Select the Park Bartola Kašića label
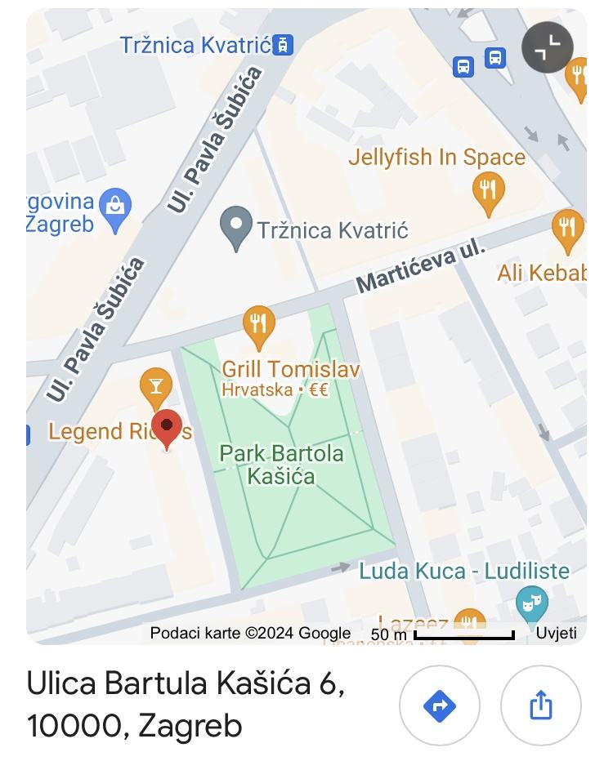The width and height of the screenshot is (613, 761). pos(282,465)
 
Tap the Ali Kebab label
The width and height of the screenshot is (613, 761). pos(542,272)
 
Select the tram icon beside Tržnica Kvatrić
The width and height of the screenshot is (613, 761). pos(283,44)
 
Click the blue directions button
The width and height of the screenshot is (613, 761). pos(440,705)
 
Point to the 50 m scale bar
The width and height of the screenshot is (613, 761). pos(463,634)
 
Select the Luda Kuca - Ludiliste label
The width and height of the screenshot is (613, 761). pos(464,570)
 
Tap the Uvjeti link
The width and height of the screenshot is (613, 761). pos(556,633)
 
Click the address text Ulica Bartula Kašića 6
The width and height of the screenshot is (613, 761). pos(186,684)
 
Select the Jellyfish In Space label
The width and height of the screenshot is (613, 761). pos(436,157)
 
